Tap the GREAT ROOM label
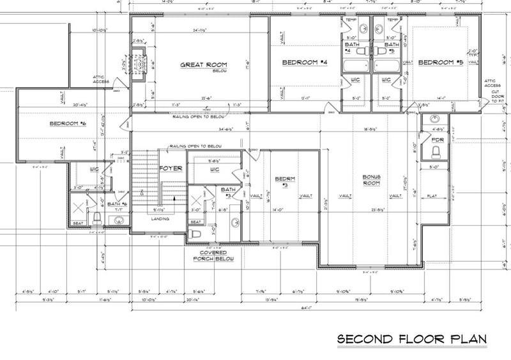pos(204,66)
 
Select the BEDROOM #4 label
pos(305,63)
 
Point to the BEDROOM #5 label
pos(439,63)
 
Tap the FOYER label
pos(171,169)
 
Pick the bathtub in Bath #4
pos(355,66)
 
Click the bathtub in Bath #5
pos(386,66)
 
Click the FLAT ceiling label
pos(432,197)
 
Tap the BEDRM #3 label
pos(284,181)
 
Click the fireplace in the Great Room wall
pos(139,65)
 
